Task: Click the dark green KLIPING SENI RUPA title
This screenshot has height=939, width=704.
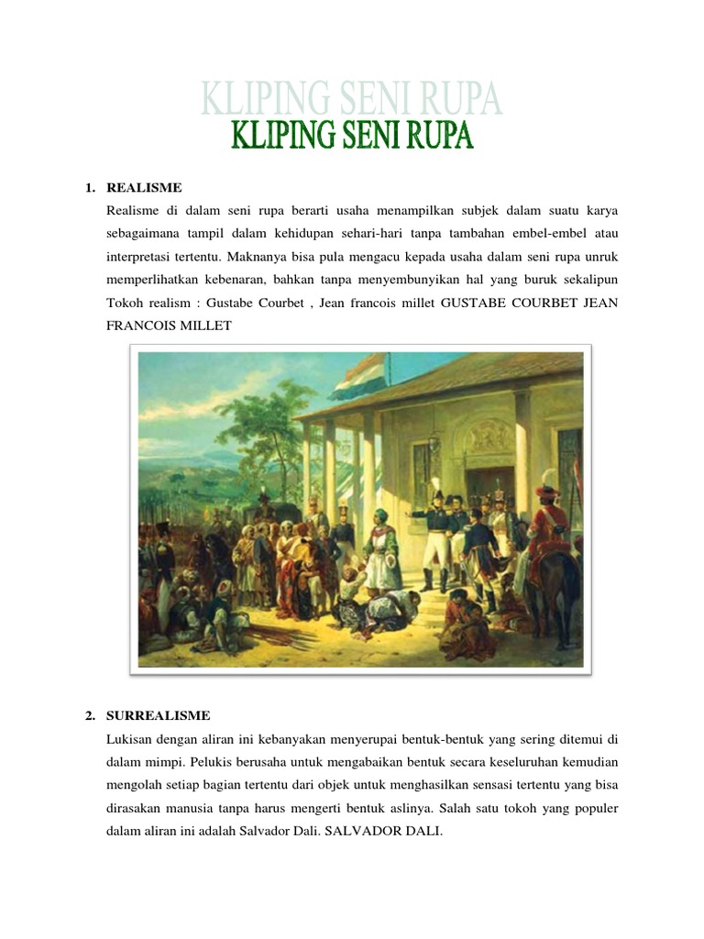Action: pos(351,138)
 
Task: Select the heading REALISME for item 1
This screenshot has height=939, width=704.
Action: pos(144,188)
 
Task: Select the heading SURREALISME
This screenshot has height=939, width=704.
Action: pos(159,715)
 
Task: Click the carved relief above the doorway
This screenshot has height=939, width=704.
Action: pos(491,436)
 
